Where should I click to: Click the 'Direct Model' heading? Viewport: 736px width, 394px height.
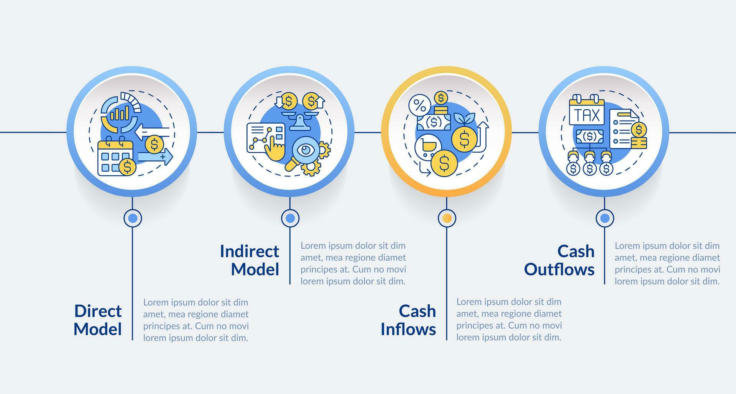[x=98, y=320]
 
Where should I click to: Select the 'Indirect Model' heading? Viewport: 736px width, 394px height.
[x=250, y=260]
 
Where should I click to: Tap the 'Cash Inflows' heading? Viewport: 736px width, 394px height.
[x=408, y=320]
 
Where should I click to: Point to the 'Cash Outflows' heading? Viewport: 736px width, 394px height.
[x=559, y=260]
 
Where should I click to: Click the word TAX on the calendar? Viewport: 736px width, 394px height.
[x=587, y=115]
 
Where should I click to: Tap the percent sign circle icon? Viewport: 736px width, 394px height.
[x=419, y=106]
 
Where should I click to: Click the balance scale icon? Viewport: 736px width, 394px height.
[x=300, y=120]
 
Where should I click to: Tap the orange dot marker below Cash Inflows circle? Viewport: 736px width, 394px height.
[x=447, y=218]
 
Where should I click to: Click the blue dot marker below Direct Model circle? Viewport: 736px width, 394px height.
[x=133, y=218]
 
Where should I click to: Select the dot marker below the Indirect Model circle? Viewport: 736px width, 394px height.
[x=290, y=218]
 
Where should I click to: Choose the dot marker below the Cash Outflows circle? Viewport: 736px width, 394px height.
[x=605, y=218]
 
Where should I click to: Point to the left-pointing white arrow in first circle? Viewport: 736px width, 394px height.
[x=152, y=132]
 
